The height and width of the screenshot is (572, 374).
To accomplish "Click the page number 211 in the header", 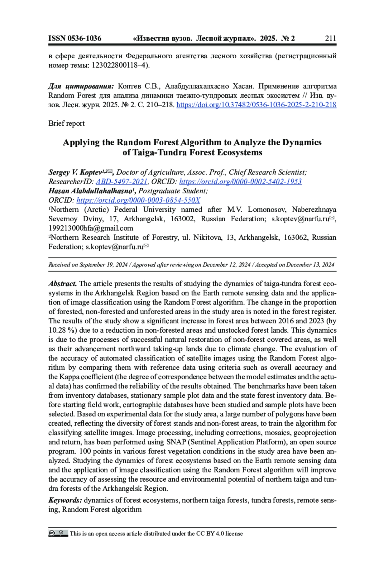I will point(330,38).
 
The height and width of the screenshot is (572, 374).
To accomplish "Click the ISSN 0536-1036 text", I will point(75,38).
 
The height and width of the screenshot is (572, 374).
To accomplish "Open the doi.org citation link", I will point(256,105).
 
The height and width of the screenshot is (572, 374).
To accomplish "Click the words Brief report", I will point(66,123).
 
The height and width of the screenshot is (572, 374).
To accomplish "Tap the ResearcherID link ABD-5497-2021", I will point(121,181).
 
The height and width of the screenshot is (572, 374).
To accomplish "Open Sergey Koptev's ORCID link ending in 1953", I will point(240,181).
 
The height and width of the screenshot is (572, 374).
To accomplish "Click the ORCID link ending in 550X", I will point(138,200).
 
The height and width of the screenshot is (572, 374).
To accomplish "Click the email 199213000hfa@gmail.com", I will point(91,228).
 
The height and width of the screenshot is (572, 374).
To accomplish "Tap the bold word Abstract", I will point(62,284).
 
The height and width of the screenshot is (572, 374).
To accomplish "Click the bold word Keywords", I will point(65,500).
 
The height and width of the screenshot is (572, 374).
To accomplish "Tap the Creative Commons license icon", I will point(58,533).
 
